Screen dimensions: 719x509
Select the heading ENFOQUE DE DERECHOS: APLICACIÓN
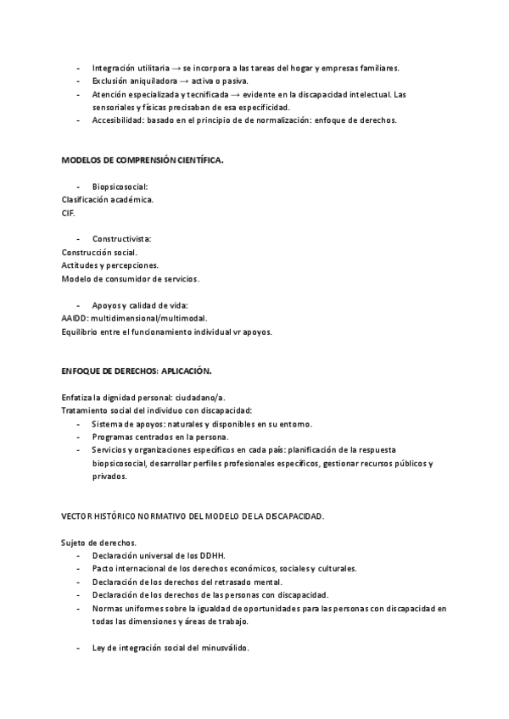(x=136, y=371)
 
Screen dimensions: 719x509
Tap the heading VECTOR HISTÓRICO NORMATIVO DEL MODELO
(x=193, y=516)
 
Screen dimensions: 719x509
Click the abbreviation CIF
(x=69, y=213)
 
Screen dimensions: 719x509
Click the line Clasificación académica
(x=108, y=200)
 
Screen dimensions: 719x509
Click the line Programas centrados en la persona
(x=159, y=437)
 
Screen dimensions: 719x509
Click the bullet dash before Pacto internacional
(x=79, y=569)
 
